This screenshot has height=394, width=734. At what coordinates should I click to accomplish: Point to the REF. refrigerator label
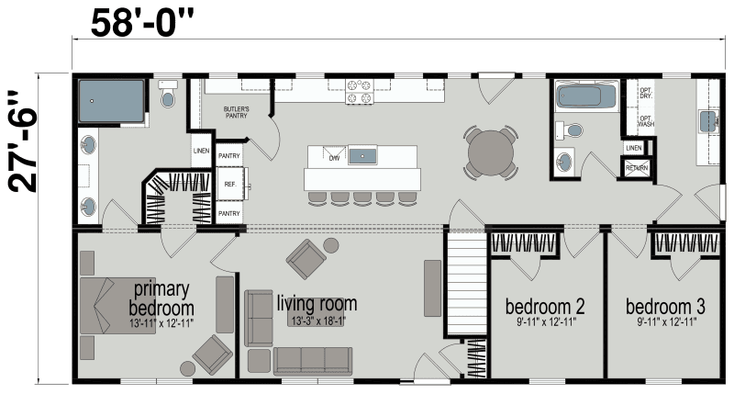pos(229,184)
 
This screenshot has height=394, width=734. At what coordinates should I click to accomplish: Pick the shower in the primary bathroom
pos(111,101)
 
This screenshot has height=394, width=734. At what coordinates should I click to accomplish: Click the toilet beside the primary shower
pos(168,95)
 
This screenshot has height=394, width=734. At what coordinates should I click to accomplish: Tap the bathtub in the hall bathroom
pos(588,98)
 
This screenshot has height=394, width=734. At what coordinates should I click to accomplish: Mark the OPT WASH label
pos(645,120)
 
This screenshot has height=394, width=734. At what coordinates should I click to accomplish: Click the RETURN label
pos(635,168)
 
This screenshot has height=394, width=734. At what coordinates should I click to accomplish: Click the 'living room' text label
pos(317,303)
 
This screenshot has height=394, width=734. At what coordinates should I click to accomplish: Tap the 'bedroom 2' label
pos(546,305)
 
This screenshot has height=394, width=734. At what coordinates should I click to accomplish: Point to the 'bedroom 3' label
pos(665,305)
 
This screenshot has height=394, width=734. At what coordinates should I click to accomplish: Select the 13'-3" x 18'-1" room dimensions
pos(317,321)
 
